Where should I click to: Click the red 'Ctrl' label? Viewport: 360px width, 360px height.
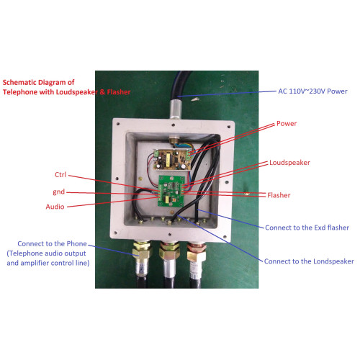60,174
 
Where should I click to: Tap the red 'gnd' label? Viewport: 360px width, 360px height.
59,192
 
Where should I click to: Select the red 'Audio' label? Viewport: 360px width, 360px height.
55,207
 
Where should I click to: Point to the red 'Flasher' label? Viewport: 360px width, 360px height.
279,195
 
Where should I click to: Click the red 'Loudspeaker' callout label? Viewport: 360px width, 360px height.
289,163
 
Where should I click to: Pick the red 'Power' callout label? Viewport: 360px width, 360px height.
287,124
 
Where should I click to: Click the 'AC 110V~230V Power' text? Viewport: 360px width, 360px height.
312,91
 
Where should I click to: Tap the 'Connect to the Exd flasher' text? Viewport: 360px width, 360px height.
307,228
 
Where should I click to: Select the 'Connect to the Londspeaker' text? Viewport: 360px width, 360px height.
309,261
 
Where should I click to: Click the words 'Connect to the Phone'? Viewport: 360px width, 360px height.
52,243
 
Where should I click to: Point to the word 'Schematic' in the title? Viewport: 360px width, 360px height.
19,82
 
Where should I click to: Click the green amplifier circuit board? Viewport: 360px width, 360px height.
171,191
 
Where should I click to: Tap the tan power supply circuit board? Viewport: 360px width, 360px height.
172,158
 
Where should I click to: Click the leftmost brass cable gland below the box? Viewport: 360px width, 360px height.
142,251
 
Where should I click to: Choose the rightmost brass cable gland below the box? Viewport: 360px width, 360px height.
197,253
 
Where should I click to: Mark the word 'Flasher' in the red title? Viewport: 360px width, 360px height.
119,92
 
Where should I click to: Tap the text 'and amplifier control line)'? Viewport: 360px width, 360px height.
48,263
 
